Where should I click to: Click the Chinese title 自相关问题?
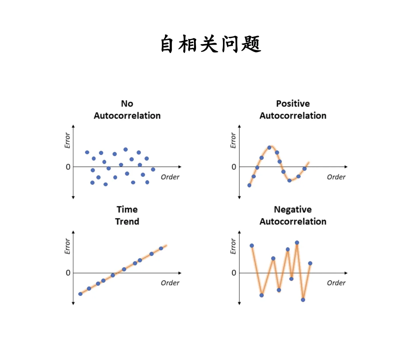pyautogui.click(x=210, y=44)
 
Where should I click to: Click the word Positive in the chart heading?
pyautogui.click(x=293, y=104)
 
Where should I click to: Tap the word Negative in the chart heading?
pyautogui.click(x=293, y=210)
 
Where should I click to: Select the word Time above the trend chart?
pyautogui.click(x=127, y=210)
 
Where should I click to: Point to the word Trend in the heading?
pyautogui.click(x=127, y=222)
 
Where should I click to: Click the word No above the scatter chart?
pyautogui.click(x=127, y=104)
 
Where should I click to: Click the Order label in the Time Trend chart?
pyautogui.click(x=170, y=283)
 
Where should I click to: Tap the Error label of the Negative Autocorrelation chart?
pyautogui.click(x=233, y=246)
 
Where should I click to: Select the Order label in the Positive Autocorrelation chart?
pyautogui.click(x=336, y=177)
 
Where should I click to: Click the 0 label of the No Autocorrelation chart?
pyautogui.click(x=68, y=167)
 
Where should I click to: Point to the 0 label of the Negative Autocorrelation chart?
pyautogui.click(x=234, y=273)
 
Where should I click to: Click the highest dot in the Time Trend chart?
pyautogui.click(x=161, y=248)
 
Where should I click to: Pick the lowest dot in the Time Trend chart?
pyautogui.click(x=80, y=294)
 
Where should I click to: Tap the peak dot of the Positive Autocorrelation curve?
pyautogui.click(x=269, y=147)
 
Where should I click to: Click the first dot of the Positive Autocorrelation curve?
pyautogui.click(x=249, y=185)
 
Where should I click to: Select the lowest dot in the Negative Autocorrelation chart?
pyautogui.click(x=303, y=300)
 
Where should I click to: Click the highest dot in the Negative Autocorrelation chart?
pyautogui.click(x=297, y=243)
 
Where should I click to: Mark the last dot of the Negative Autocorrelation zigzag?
pyautogui.click(x=310, y=263)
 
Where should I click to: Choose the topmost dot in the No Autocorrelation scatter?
pyautogui.click(x=126, y=150)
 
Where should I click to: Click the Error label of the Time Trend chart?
pyautogui.click(x=67, y=246)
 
